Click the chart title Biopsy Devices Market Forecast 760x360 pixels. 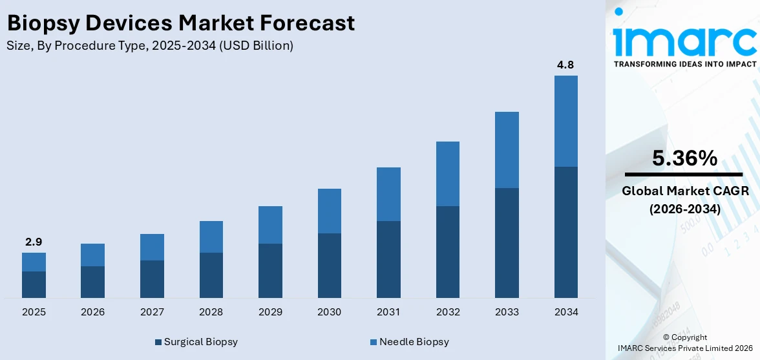[180, 23]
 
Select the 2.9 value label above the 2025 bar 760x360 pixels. [34, 242]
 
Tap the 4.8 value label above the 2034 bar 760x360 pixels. [565, 65]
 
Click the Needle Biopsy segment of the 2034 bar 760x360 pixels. [565, 121]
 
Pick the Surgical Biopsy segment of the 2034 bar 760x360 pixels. [565, 232]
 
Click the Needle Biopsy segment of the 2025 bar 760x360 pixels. [34, 262]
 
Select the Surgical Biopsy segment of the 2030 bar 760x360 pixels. [329, 265]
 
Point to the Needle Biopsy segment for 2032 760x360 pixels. [447, 174]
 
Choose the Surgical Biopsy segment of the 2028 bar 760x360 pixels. [211, 275]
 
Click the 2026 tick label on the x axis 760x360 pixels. [92, 312]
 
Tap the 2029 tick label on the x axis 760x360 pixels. [270, 312]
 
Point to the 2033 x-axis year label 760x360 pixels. [507, 312]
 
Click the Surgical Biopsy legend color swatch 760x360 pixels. [158, 342]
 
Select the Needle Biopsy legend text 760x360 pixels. [414, 342]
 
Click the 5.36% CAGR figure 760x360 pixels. [684, 158]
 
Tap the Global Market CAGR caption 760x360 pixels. [684, 191]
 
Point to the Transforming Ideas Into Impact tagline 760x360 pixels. [684, 64]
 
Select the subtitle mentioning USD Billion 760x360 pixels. [150, 46]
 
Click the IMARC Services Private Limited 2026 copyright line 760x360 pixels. [684, 348]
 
